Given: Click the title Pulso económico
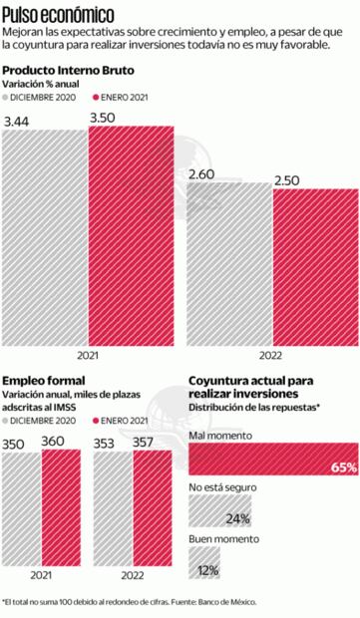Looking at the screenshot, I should click(57, 13).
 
